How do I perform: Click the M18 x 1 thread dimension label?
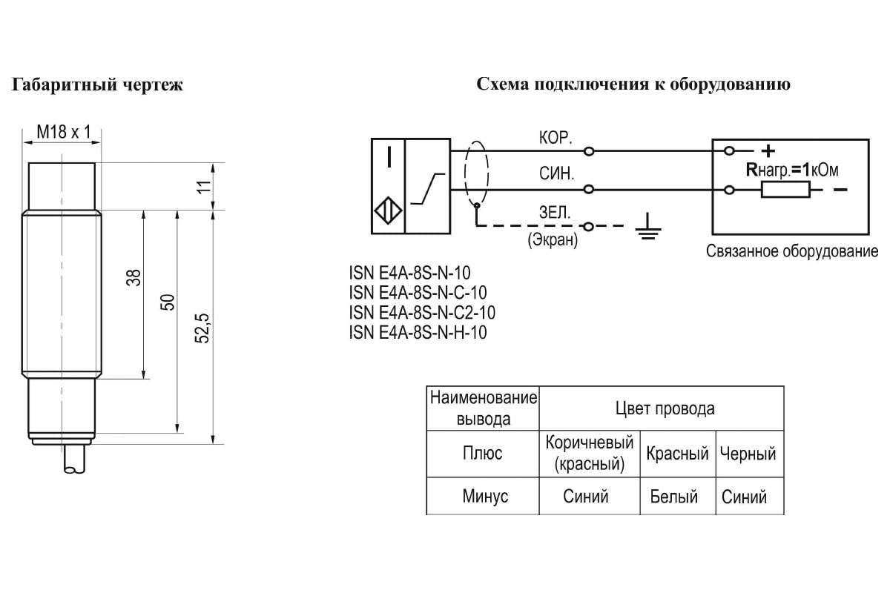tap(63, 132)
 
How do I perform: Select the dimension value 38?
tap(133, 279)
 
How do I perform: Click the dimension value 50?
tap(168, 302)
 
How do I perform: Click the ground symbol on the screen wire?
tap(647, 227)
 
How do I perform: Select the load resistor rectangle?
tap(785, 191)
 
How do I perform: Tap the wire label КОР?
tap(555, 137)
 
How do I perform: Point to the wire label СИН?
tap(555, 176)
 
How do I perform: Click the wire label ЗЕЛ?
tap(555, 213)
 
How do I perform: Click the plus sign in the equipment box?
tap(768, 150)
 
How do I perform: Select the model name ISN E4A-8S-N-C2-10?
tap(422, 312)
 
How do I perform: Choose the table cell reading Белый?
tap(674, 497)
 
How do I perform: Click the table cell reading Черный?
tap(748, 454)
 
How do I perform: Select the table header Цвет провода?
tap(665, 408)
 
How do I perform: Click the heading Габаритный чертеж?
tap(97, 85)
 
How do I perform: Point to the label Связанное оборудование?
tap(791, 251)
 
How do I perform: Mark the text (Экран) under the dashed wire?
tap(553, 241)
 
